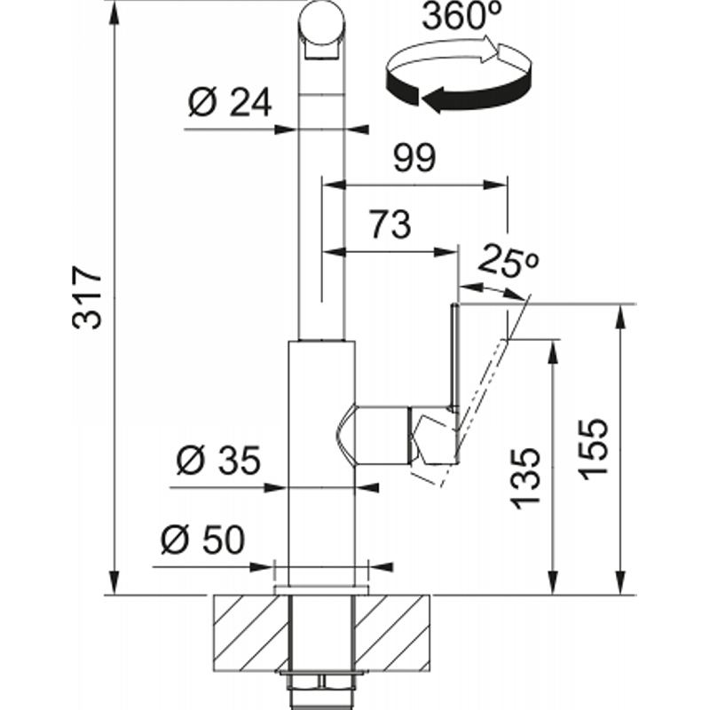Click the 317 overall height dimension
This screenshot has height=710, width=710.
coord(87,297)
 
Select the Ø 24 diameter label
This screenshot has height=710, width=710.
coord(230,102)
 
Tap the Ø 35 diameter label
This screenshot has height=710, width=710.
coord(218,461)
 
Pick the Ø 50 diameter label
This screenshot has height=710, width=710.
coord(203,540)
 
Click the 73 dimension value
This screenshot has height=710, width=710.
coord(390,225)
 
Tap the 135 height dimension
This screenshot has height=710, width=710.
coord(525,478)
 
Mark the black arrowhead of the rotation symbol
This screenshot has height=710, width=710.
coord(434,99)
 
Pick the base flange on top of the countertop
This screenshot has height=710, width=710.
coord(321,589)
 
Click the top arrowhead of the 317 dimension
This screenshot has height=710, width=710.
coord(114,12)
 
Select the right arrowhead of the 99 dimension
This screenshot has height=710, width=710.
coord(495,185)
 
